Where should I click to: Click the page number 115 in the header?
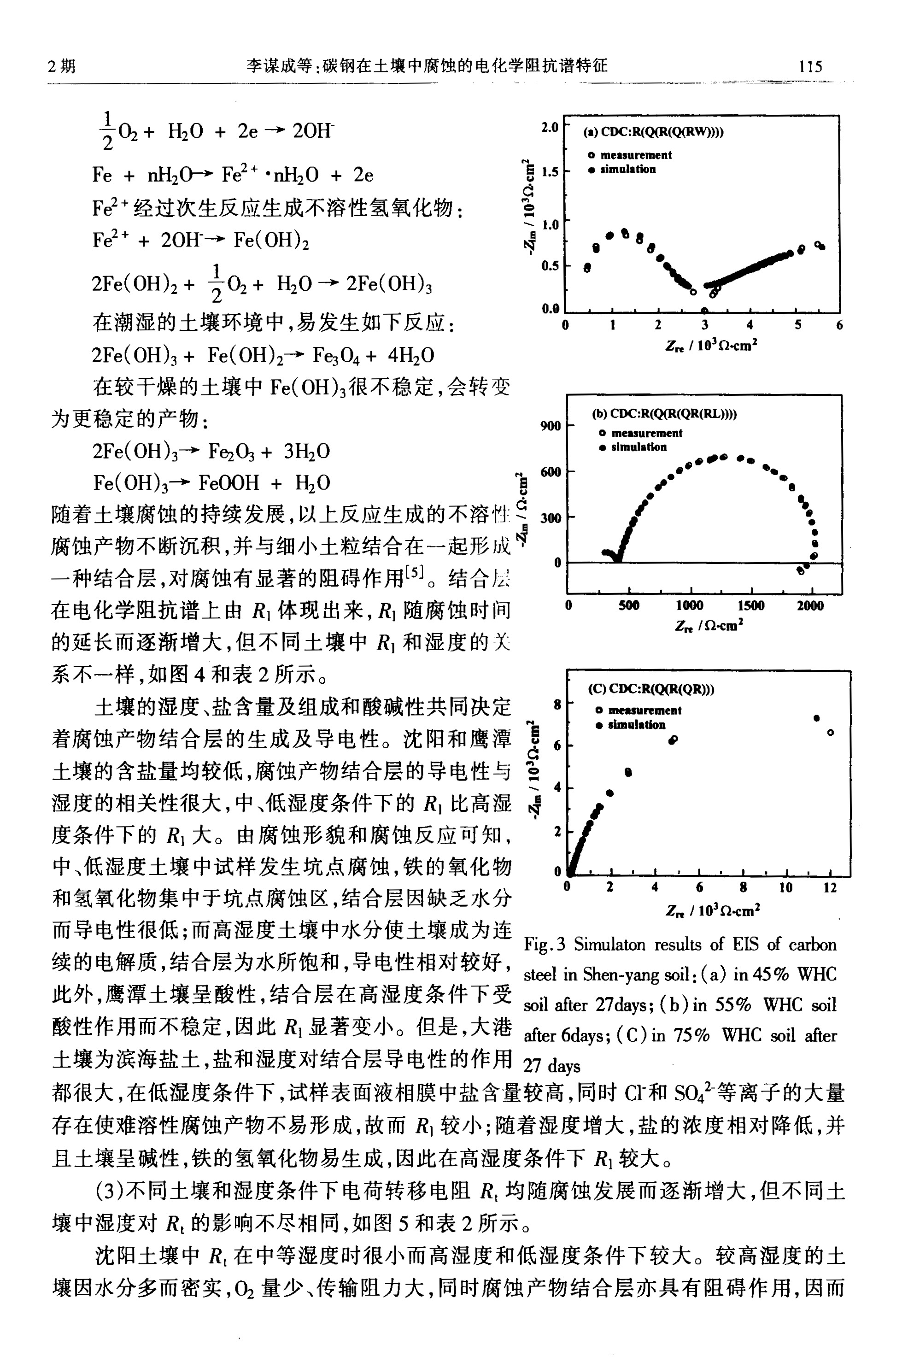coord(810,66)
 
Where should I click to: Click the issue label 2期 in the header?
coord(62,66)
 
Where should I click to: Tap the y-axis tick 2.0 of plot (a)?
coord(549,127)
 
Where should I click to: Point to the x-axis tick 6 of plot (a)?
coord(839,325)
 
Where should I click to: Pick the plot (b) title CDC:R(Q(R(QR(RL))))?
coord(664,414)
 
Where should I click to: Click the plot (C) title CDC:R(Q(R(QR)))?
coord(650,689)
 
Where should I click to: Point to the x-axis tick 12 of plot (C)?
coord(830,887)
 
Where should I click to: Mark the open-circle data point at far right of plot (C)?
coord(831,732)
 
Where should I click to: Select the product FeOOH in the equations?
coord(228,483)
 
